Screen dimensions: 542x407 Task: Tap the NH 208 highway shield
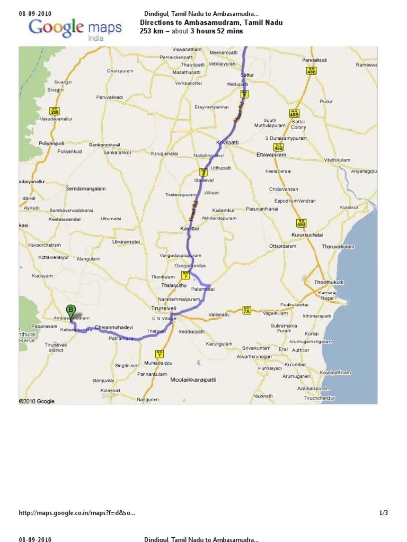tap(54, 111)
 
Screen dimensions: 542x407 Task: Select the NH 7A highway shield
tap(246, 310)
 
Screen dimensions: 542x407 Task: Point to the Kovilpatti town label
tap(228, 143)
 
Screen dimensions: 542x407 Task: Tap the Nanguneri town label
tap(148, 401)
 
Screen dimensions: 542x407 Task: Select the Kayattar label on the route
tap(190, 228)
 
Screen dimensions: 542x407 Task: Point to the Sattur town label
tap(247, 75)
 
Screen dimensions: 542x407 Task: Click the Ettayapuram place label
tap(271, 155)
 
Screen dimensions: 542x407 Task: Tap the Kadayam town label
tap(42, 276)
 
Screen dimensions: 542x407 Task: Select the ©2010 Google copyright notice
tap(37, 401)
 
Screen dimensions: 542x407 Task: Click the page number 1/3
tap(384, 513)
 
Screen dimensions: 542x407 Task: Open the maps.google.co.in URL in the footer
tap(77, 513)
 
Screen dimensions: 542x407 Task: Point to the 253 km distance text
tap(149, 31)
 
